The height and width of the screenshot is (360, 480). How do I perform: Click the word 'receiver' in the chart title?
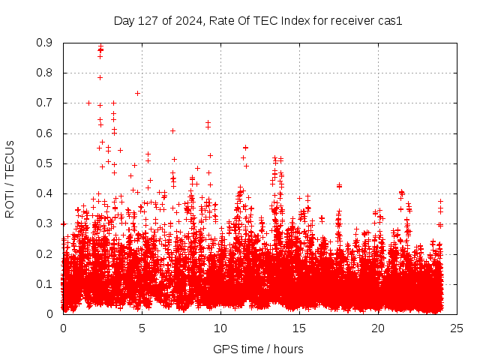point(353,21)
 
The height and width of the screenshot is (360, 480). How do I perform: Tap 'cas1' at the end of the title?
point(390,21)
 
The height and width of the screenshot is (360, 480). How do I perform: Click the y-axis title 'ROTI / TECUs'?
point(10,178)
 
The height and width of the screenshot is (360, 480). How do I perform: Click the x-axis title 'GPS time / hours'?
point(258,349)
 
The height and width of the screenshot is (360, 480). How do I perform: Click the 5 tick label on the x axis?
point(142,328)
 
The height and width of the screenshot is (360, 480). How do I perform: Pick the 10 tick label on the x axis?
point(220,328)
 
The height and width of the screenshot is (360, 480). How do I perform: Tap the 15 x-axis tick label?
point(299,328)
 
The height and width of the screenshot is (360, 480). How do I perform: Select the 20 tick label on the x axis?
point(378,328)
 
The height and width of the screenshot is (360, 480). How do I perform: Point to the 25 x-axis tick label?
point(457,328)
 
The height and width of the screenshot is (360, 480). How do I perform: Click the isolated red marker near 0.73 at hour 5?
point(137,93)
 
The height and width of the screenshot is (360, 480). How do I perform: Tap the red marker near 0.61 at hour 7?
point(172,130)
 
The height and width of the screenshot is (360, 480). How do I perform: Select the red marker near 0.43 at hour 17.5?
point(339,185)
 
